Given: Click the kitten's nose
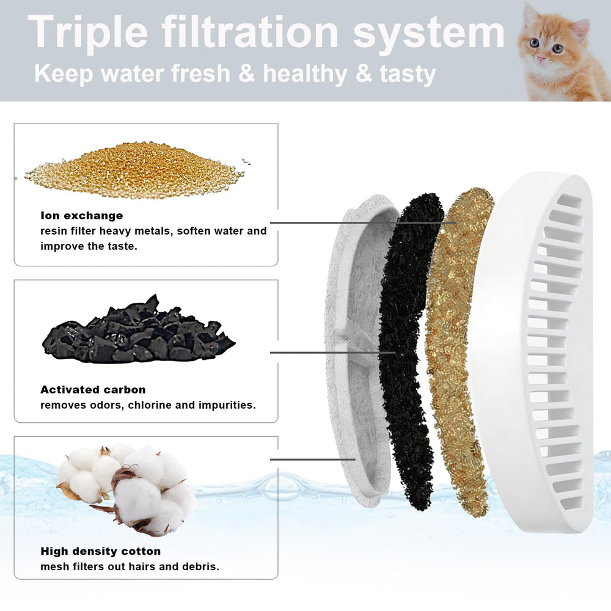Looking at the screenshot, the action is [542, 58].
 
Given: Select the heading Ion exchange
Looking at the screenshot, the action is [81, 216].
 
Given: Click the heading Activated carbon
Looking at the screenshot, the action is [93, 390].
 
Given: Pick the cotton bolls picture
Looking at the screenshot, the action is [126, 489].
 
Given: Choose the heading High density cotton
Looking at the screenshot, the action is [101, 551].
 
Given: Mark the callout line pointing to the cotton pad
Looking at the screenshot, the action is [312, 459].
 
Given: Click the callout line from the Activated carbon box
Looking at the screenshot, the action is [333, 353].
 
